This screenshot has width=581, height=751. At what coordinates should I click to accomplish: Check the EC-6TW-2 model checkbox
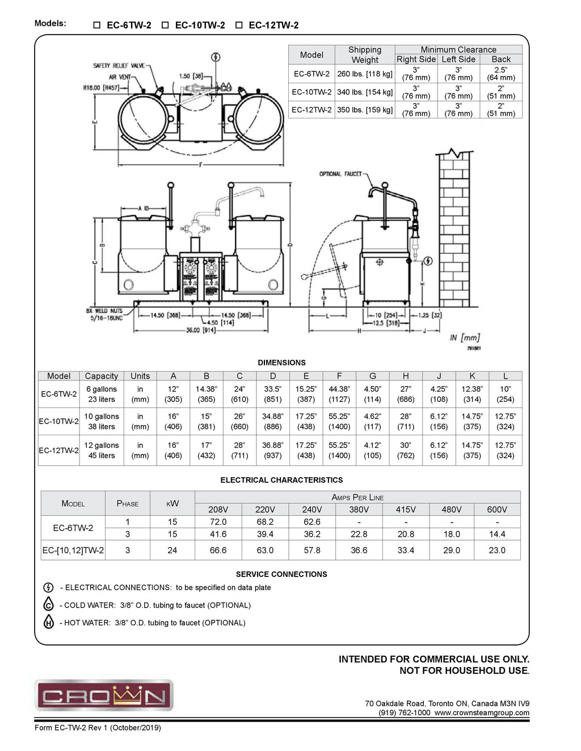click(97, 26)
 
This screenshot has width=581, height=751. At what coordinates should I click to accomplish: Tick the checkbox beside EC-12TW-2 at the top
click(239, 26)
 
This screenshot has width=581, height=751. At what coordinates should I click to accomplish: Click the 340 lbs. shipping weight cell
click(364, 92)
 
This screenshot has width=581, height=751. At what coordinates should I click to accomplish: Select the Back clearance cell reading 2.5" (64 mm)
click(501, 74)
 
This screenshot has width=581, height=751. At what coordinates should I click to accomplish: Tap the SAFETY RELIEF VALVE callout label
click(119, 66)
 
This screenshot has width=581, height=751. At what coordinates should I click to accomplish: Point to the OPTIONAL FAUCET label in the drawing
click(340, 174)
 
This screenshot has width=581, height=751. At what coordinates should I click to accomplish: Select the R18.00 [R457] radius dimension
click(101, 88)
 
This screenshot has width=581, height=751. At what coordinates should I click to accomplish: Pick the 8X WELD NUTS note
click(104, 315)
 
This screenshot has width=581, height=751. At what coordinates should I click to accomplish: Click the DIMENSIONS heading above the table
click(281, 363)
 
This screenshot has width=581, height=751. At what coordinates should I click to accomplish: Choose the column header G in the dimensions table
click(372, 376)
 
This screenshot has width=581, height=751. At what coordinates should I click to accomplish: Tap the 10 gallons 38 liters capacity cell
click(102, 422)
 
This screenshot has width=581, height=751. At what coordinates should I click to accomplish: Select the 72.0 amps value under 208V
click(218, 522)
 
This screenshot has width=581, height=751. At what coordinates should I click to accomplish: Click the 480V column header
click(452, 510)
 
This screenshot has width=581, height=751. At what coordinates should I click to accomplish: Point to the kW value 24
click(172, 550)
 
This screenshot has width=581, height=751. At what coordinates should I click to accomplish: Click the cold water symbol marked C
click(49, 605)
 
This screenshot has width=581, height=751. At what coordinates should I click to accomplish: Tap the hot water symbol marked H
click(49, 622)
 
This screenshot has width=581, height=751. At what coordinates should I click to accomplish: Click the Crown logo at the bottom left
click(104, 695)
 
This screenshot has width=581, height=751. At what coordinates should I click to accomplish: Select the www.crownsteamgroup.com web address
click(482, 713)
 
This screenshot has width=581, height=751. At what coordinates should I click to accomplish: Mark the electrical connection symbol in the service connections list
click(49, 588)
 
